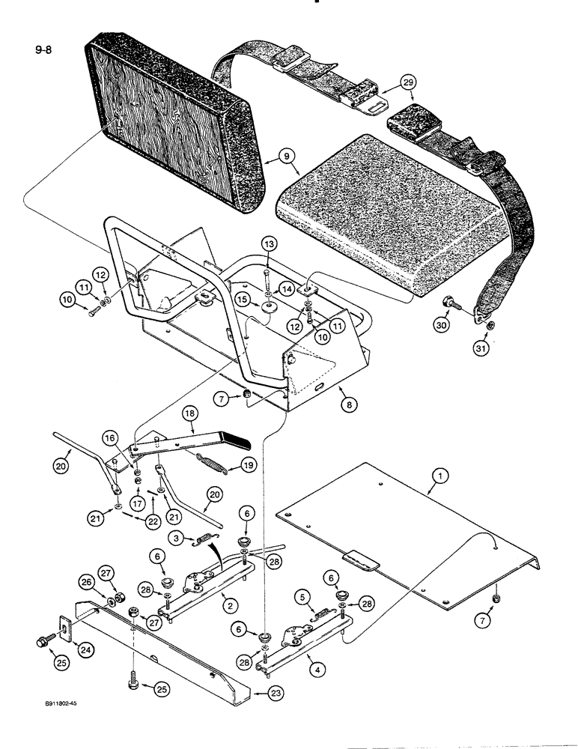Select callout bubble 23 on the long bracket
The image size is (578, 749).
[258, 696]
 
